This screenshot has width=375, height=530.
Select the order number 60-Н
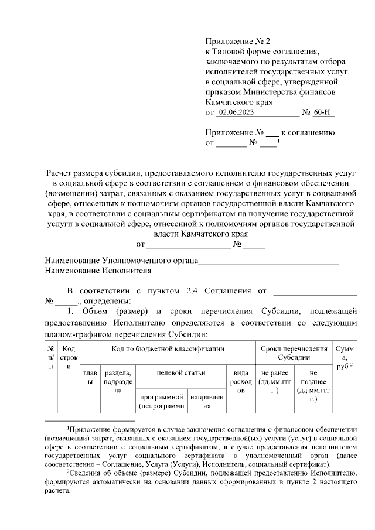pyautogui.click(x=322, y=112)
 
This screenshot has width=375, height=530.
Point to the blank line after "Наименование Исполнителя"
pyautogui.click(x=246, y=271)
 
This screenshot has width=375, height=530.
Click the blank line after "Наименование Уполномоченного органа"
pyautogui.click(x=269, y=261)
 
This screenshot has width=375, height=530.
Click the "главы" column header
pyautogui.click(x=90, y=377)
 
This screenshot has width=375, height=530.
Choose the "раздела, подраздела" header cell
pyautogui.click(x=118, y=381)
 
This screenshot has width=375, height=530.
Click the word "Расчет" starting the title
pyautogui.click(x=61, y=173)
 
